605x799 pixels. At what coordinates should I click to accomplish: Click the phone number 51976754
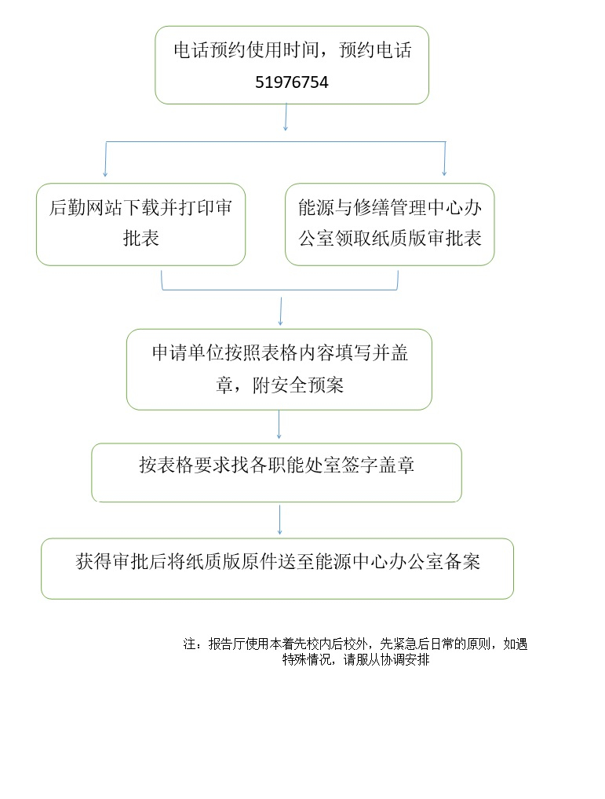tap(292, 82)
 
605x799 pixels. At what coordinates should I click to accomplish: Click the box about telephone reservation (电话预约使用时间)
tap(292, 65)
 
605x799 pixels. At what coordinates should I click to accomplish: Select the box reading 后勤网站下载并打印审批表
tap(141, 224)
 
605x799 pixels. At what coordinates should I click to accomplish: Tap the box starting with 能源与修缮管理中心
tap(389, 224)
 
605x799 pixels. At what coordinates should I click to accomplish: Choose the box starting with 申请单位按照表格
tap(279, 370)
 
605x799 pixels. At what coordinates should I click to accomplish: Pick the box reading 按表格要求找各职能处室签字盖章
tap(276, 472)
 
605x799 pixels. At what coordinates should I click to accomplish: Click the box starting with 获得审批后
tap(278, 569)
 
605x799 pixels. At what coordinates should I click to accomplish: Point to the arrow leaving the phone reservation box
tap(286, 117)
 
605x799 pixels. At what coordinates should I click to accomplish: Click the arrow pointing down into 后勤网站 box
tap(105, 159)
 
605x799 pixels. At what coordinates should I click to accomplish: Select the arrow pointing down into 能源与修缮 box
tap(445, 159)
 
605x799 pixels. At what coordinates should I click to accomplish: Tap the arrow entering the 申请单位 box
tap(281, 312)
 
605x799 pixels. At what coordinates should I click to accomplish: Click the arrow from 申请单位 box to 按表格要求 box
tap(279, 425)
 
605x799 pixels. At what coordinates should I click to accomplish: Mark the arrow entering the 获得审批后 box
tap(279, 520)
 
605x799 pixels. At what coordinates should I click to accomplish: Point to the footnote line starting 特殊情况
tap(356, 660)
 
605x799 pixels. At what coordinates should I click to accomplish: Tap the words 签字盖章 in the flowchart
tap(378, 465)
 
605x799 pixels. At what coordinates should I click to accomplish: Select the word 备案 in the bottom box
tap(462, 561)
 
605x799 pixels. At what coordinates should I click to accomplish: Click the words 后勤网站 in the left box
tap(86, 207)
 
